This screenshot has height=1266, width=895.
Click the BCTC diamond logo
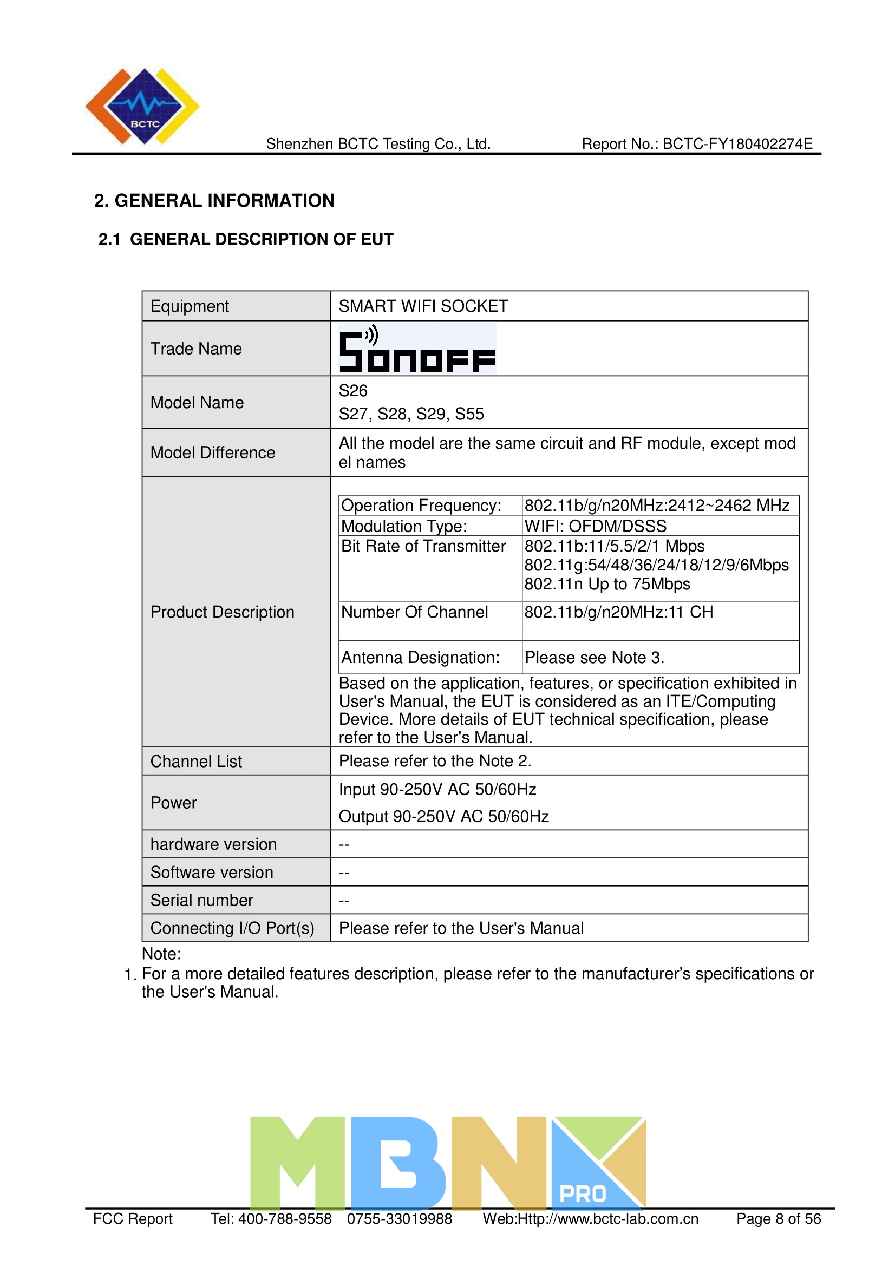click(142, 107)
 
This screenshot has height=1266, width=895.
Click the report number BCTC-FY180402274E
click(737, 144)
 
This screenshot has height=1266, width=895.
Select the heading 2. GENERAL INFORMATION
click(214, 201)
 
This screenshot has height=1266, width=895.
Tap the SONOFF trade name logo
click(417, 349)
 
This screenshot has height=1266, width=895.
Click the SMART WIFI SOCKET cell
click(423, 306)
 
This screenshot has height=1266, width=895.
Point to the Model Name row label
click(197, 403)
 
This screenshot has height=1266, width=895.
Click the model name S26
click(353, 391)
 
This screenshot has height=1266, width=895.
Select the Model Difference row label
click(212, 452)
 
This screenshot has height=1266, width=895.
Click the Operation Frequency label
click(421, 506)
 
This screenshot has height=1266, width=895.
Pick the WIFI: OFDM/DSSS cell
click(595, 526)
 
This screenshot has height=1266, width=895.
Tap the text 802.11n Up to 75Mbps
click(606, 584)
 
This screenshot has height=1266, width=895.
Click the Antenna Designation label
click(420, 657)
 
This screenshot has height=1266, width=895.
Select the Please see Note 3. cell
click(594, 657)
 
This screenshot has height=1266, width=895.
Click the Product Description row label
click(222, 612)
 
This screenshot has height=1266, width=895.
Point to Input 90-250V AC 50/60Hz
click(437, 790)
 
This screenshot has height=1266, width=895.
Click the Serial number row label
click(202, 900)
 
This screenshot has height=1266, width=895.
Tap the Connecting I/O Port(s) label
click(232, 928)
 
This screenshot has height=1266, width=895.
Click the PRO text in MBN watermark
click(583, 1194)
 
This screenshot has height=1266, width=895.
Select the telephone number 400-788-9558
click(285, 1218)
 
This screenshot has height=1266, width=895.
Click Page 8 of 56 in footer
click(778, 1218)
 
